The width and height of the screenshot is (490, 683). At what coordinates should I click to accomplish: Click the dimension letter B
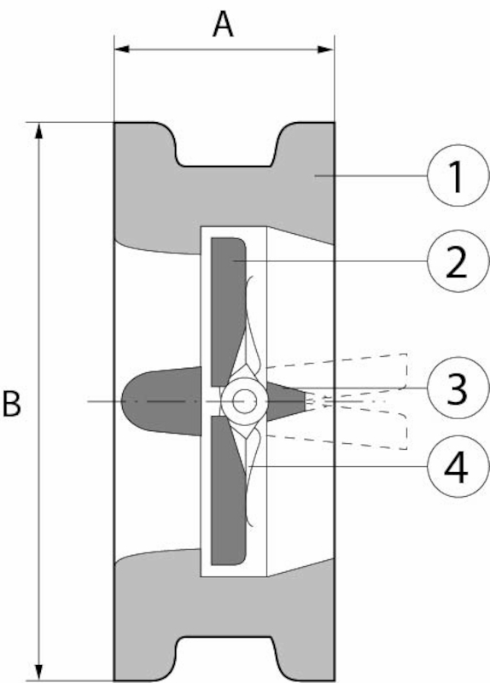point(12,403)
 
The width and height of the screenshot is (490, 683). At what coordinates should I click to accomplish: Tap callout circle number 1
point(458,175)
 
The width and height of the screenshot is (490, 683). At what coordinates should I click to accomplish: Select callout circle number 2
point(458,261)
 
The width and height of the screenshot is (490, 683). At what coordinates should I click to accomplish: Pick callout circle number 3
point(458,388)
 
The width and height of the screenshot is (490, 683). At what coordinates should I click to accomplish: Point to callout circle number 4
point(458,466)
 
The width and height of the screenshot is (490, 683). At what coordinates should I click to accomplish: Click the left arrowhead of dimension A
point(121,49)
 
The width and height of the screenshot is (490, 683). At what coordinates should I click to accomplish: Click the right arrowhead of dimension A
point(326,49)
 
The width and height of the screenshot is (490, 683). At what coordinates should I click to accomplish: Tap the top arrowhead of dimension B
point(39,131)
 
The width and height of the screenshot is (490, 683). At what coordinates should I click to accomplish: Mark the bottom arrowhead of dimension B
point(39,672)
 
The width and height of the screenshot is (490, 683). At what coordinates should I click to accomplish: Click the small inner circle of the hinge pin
point(244,400)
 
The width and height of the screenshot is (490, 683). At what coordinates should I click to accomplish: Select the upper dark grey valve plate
point(228,312)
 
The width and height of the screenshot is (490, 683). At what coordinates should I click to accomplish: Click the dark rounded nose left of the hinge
point(161,400)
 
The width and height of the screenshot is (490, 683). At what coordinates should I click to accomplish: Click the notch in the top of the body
point(225,145)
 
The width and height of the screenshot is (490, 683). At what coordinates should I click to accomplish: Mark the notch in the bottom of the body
point(225,658)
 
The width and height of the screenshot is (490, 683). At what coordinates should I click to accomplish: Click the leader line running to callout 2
point(330,261)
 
